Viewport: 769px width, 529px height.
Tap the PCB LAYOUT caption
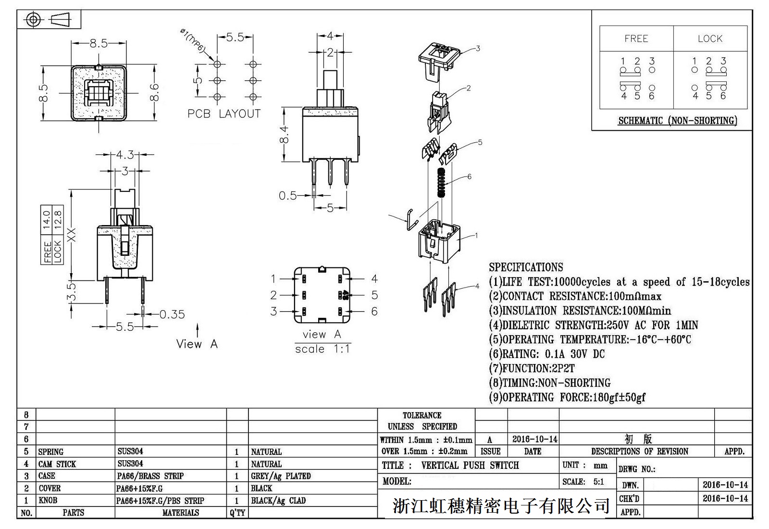click(x=224, y=114)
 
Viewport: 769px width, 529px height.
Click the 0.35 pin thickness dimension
click(x=172, y=315)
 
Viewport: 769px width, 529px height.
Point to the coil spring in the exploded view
click(x=440, y=182)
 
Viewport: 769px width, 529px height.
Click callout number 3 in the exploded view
click(x=478, y=49)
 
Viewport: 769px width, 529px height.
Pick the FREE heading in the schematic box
click(x=636, y=39)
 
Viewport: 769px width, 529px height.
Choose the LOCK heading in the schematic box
click(x=710, y=39)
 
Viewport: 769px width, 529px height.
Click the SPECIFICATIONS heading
click(x=526, y=267)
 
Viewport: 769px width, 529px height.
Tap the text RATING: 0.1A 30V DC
click(x=547, y=354)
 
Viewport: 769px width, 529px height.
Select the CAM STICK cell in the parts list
click(x=57, y=464)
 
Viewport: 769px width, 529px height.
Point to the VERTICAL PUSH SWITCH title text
click(x=470, y=466)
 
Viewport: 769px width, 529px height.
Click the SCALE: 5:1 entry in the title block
click(x=583, y=482)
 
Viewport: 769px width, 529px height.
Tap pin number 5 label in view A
click(x=374, y=295)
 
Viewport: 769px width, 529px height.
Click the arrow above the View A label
click(x=198, y=330)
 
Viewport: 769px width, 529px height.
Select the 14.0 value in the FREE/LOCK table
click(x=47, y=219)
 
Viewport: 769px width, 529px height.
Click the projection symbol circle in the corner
click(x=33, y=20)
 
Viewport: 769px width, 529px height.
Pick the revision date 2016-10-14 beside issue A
click(x=534, y=439)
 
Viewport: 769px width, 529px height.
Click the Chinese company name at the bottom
click(x=501, y=505)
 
